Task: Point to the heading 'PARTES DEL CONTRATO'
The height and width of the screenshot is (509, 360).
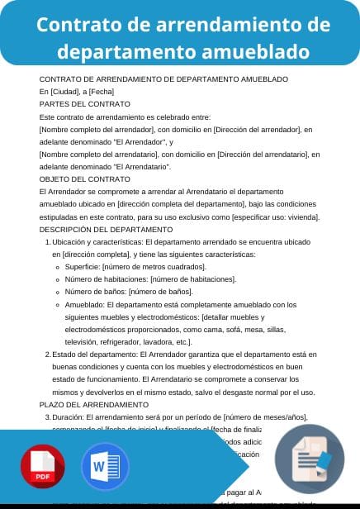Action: (x=85, y=104)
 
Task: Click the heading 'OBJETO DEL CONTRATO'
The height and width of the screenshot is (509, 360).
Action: (x=85, y=178)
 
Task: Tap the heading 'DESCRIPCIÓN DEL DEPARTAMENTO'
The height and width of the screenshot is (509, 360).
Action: (x=106, y=229)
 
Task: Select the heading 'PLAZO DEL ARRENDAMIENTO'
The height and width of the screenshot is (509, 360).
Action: (x=94, y=405)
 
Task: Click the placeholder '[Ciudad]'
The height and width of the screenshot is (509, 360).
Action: (x=64, y=91)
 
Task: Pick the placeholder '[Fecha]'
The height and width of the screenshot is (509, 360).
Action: (x=101, y=91)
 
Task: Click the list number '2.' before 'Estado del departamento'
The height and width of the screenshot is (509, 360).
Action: (x=46, y=354)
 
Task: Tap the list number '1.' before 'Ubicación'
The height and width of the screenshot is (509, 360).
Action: (x=46, y=241)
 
